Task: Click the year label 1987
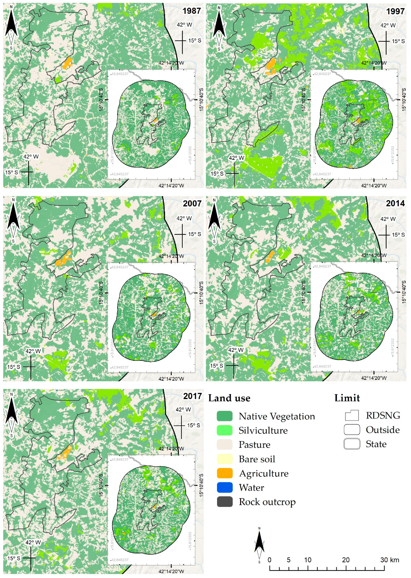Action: point(192,11)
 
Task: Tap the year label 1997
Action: point(395,11)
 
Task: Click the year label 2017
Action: point(192,396)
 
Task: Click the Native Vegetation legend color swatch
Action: point(225,416)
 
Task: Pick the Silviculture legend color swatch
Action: point(225,430)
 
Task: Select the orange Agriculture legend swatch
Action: point(225,473)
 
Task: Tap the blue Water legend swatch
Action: point(225,488)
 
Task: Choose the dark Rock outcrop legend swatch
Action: point(225,502)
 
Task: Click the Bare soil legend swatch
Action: point(225,459)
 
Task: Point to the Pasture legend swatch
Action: point(225,445)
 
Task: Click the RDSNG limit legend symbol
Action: point(352,415)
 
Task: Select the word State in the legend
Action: point(376,444)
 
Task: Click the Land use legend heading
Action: point(229,398)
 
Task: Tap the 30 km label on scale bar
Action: point(389,560)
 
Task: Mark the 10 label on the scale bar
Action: point(308,560)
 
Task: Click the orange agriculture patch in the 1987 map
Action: point(67,63)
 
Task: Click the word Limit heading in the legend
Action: point(347,398)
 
